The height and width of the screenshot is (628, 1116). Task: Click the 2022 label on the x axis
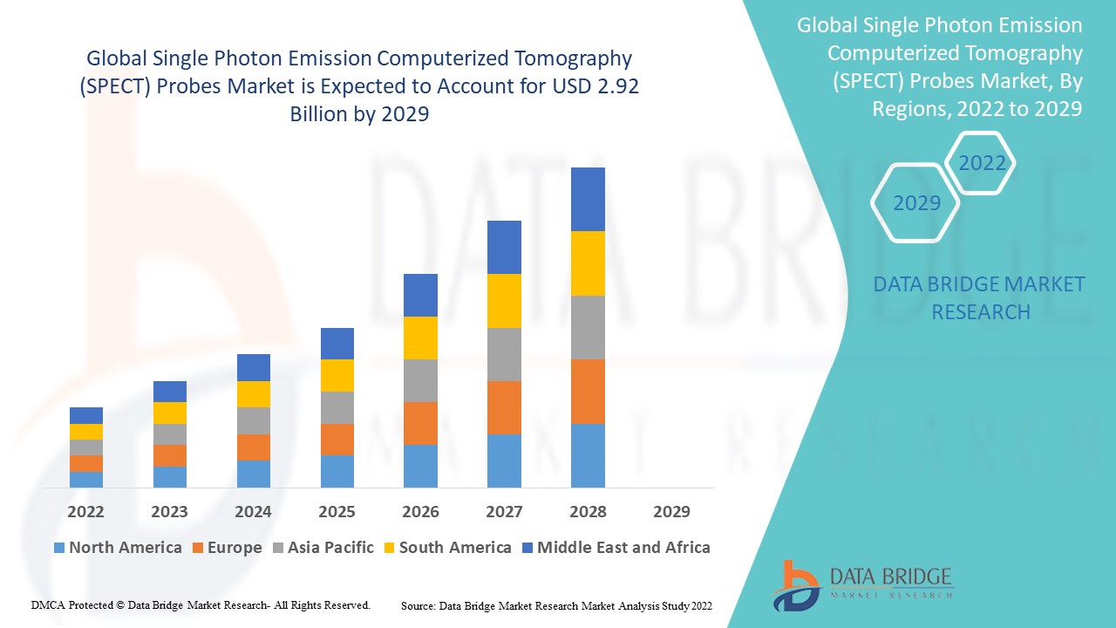pos(85,511)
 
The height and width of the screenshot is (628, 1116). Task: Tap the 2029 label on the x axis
pos(671,511)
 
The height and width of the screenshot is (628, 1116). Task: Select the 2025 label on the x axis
pos(337,511)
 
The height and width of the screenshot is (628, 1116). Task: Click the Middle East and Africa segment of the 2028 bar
pos(588,199)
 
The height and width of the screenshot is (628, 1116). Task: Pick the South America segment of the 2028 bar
pos(588,263)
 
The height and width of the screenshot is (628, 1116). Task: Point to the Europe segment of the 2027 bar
pos(504,407)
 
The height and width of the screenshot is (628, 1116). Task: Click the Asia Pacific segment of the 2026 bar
pos(420,380)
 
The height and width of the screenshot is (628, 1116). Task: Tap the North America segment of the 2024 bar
pos(253,474)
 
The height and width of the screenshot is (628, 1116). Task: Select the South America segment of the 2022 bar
pos(86,432)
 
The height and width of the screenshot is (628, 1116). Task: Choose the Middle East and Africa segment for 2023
pos(169,392)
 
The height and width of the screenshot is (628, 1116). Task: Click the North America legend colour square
pos(59,549)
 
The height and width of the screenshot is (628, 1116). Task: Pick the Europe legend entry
pos(226,548)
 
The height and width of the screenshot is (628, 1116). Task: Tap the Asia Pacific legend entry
pos(323,548)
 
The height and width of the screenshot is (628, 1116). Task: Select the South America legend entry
pos(446,548)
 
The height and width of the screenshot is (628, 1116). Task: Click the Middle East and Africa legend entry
pos(615,548)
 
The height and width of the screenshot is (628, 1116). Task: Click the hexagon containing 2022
pos(982,163)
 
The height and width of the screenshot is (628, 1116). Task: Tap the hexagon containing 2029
pos(916,203)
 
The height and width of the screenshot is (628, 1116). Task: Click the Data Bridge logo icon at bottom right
pos(794,584)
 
